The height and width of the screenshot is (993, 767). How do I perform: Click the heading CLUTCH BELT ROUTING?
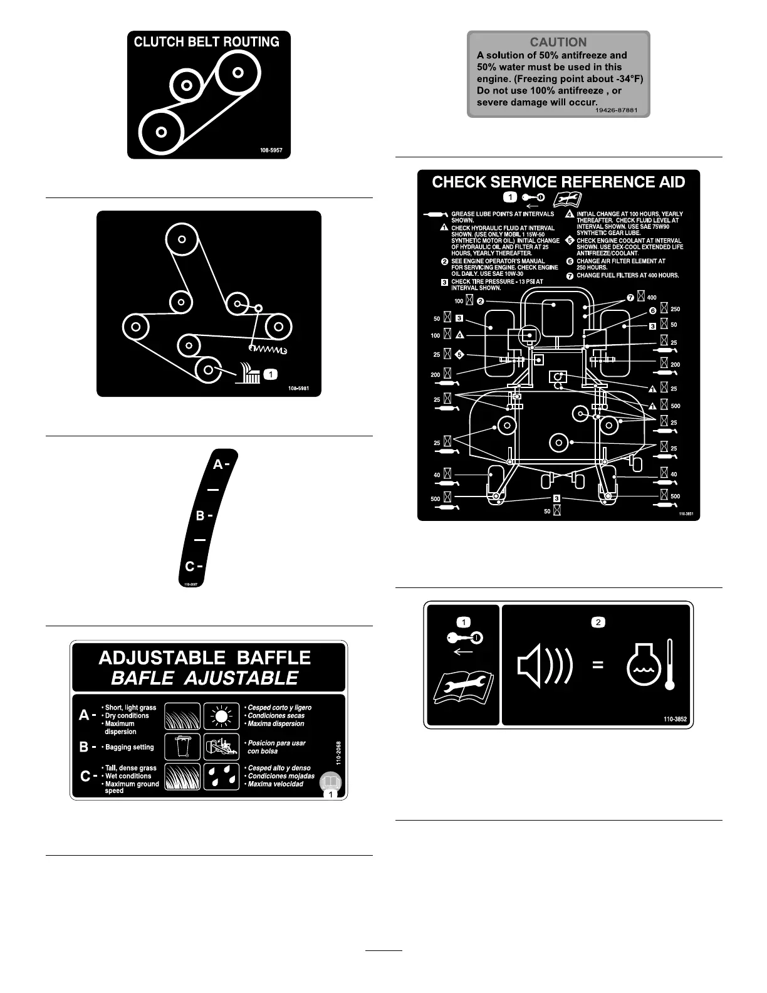[x=206, y=42]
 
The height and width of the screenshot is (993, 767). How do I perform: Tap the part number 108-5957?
[x=271, y=150]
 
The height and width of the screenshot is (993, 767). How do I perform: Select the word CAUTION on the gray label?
[x=558, y=42]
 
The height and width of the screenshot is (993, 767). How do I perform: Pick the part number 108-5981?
[x=298, y=389]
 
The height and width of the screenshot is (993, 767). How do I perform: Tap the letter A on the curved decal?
[x=218, y=465]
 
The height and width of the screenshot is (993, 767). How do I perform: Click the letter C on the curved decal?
[x=190, y=567]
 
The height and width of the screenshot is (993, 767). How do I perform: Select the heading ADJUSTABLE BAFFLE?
[x=205, y=658]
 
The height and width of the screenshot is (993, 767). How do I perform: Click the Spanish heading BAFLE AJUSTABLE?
[x=205, y=678]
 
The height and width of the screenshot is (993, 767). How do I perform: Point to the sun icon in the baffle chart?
[x=221, y=716]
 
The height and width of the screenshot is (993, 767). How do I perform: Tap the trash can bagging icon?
[x=182, y=747]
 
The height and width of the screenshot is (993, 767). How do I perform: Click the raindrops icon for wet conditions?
[x=221, y=776]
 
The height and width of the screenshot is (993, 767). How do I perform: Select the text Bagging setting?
[x=130, y=747]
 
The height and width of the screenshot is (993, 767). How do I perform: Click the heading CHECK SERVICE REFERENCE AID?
[x=558, y=182]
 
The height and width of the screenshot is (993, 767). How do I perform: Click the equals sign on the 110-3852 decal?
[x=598, y=665]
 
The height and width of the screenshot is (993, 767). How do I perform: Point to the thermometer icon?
[x=670, y=665]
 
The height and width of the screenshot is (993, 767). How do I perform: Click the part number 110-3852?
[x=676, y=719]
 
